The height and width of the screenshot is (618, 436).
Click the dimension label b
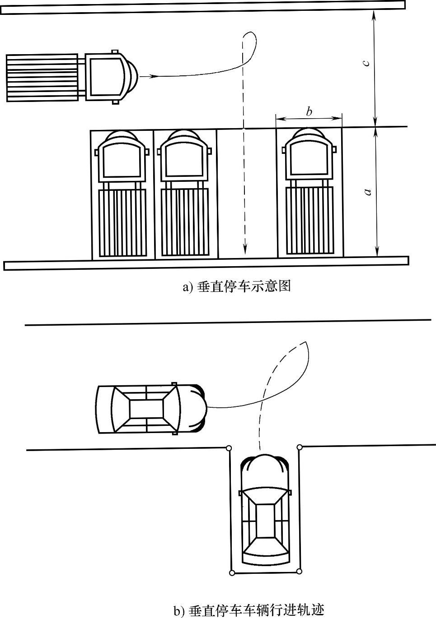(x=309, y=111)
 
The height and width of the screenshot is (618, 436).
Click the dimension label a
(x=367, y=191)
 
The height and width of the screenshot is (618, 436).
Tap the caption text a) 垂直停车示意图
(x=236, y=286)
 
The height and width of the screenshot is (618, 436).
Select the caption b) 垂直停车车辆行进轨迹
(x=249, y=610)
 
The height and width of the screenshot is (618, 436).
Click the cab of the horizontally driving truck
(x=106, y=76)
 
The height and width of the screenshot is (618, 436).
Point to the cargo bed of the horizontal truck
(x=42, y=77)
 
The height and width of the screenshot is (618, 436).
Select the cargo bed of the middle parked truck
(x=185, y=222)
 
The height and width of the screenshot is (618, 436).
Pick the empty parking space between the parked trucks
(x=247, y=194)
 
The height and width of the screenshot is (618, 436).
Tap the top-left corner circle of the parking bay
(x=229, y=448)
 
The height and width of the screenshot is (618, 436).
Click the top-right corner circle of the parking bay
(x=300, y=447)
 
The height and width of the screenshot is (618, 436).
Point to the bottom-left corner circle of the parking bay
(x=232, y=573)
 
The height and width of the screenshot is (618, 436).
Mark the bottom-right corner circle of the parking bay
(x=299, y=572)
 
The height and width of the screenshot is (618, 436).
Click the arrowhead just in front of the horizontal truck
(x=155, y=77)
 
